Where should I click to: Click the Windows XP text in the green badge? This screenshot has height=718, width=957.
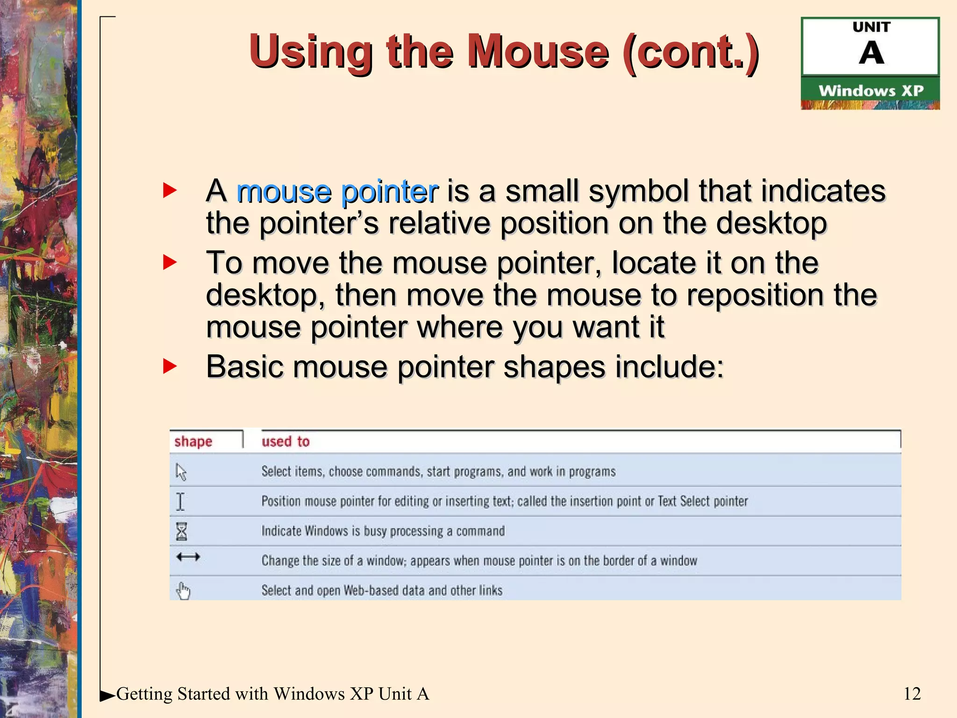coord(871,90)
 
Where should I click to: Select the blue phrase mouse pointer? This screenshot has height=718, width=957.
coord(337,192)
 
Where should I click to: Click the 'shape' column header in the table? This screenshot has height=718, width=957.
coord(193,441)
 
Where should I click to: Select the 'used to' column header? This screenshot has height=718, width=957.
coord(285,441)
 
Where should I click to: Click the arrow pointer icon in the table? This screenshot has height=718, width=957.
coord(181,472)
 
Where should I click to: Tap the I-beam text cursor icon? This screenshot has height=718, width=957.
coord(180,502)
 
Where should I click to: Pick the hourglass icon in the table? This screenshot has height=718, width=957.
coord(181,531)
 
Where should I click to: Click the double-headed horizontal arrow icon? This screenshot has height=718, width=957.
coord(188,557)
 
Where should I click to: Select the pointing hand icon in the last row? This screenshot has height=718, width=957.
coord(183,591)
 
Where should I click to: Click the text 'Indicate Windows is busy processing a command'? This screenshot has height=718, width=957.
coord(383,531)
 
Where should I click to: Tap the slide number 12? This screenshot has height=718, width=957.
coord(912,694)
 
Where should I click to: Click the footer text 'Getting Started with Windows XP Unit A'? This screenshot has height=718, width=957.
coord(272,694)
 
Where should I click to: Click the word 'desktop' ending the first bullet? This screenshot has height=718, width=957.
coord(771,223)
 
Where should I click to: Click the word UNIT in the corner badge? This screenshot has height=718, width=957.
coord(871,27)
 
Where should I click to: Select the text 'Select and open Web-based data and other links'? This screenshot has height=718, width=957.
coord(382,590)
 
